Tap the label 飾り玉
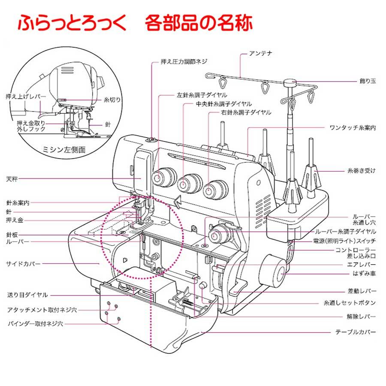[x=368, y=80]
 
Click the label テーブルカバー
[x=356, y=332]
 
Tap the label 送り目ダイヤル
[x=27, y=295]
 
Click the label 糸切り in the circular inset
[x=112, y=100]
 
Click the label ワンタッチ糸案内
[x=353, y=128]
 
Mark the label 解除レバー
[x=362, y=317]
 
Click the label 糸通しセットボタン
[x=350, y=303]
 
